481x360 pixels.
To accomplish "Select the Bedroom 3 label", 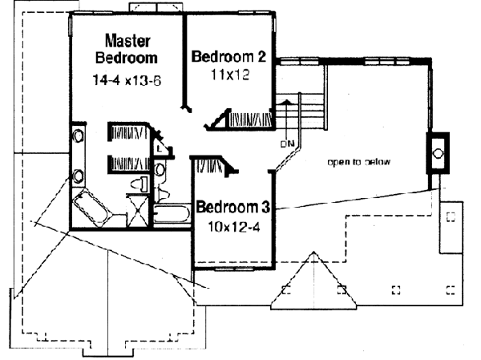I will click(232, 205).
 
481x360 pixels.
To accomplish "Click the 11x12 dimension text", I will click(229, 79).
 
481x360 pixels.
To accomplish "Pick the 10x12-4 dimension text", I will click(231, 226).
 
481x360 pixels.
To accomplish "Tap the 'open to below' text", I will click(358, 162).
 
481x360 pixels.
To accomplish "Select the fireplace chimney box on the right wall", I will click(437, 150).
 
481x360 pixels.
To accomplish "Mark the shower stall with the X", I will click(137, 212).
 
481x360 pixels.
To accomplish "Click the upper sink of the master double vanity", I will click(79, 136).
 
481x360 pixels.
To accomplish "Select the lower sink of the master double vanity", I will click(79, 176).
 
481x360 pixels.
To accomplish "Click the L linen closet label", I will click(160, 148).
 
